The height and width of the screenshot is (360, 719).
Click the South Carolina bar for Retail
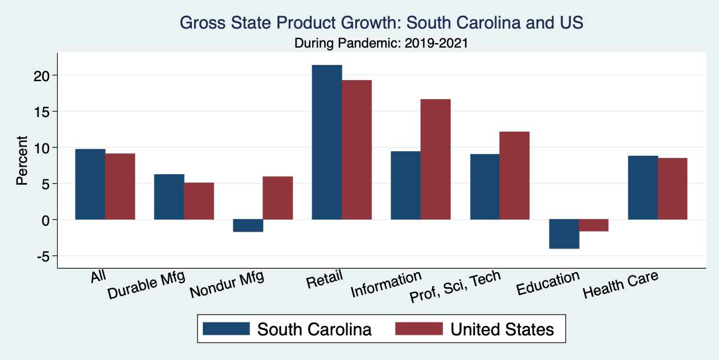tap(327, 142)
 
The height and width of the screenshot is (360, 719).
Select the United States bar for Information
tap(435, 160)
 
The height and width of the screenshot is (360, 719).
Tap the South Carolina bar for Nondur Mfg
tap(248, 226)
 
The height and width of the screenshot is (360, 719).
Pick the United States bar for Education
tap(593, 225)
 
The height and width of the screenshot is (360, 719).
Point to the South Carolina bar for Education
tap(563, 234)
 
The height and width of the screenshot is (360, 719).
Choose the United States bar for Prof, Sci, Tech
tap(514, 176)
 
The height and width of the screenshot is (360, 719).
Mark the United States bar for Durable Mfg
tap(199, 201)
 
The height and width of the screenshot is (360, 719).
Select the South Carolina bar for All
tap(90, 184)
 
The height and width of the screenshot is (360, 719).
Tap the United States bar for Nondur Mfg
tap(278, 198)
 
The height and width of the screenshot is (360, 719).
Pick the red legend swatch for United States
tap(419, 328)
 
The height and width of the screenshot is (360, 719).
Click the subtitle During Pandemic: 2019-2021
tap(382, 43)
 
